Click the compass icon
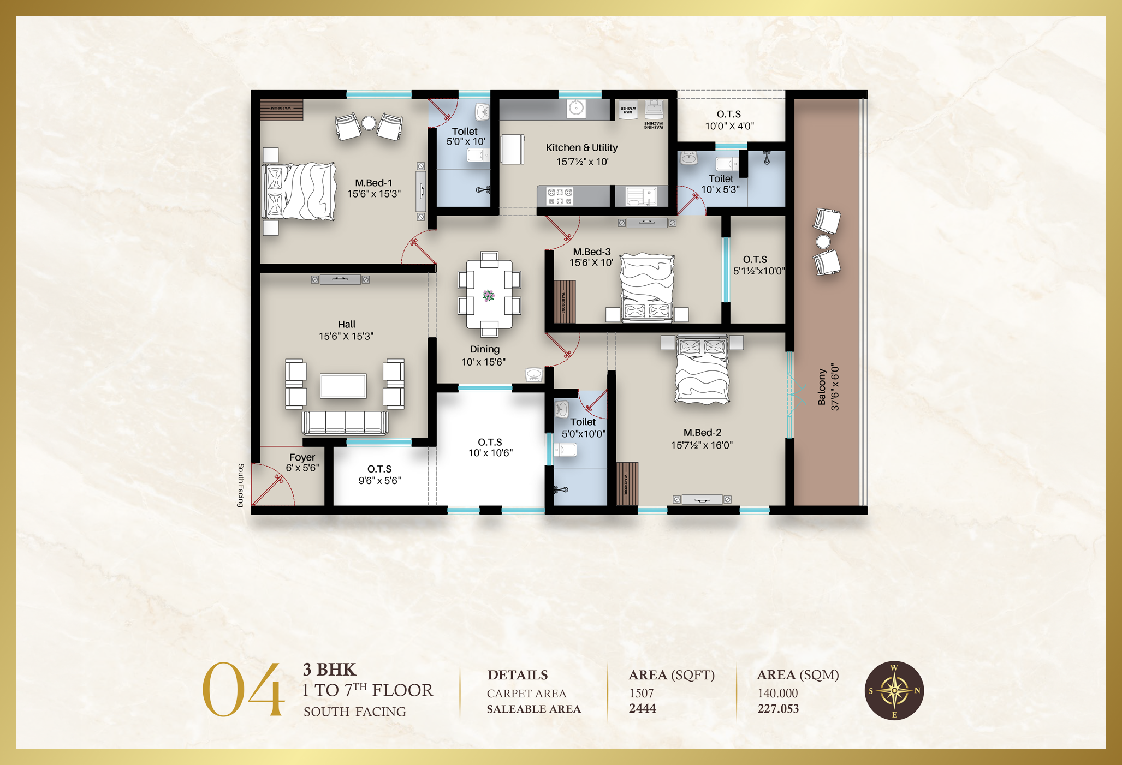click(x=894, y=690)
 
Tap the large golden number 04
click(x=243, y=690)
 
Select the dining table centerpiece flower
click(x=489, y=296)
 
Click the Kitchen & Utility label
click(x=581, y=148)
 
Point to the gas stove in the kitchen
click(x=560, y=196)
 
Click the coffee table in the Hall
click(x=343, y=386)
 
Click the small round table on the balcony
click(x=823, y=241)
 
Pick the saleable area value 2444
click(x=643, y=708)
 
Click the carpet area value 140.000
click(x=777, y=693)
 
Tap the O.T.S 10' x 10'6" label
click(x=490, y=447)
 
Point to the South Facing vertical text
click(x=240, y=485)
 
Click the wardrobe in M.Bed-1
click(x=281, y=109)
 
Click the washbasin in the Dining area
click(x=534, y=375)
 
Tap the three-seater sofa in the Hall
click(x=345, y=422)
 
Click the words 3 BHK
click(x=329, y=670)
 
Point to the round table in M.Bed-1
click(x=369, y=123)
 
